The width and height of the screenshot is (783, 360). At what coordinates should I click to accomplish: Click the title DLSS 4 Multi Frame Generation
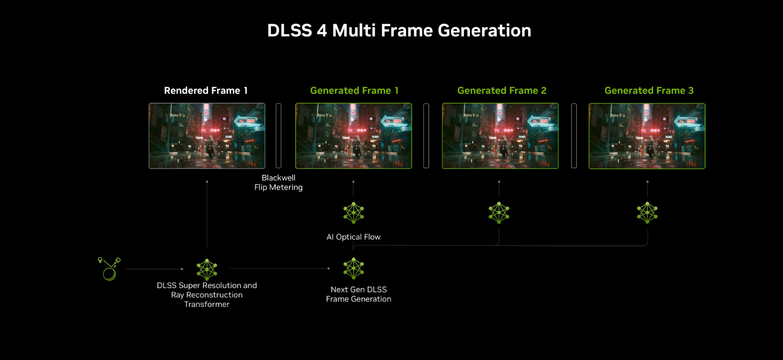coord(399,30)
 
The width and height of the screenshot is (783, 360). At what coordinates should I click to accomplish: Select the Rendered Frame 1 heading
coord(206,91)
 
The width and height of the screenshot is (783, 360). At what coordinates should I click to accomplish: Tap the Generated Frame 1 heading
coord(354,91)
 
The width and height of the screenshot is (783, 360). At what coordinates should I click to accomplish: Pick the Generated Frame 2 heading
coord(502,91)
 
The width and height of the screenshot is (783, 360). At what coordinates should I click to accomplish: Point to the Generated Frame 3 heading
coord(649,91)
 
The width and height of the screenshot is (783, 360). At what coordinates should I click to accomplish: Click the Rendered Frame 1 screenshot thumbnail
coord(207,136)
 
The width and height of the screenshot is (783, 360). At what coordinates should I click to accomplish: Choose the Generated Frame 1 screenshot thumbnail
coord(353,136)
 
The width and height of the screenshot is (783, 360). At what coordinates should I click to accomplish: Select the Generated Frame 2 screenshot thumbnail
coord(500,136)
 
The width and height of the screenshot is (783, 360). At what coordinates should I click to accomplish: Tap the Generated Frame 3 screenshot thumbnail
coord(647,136)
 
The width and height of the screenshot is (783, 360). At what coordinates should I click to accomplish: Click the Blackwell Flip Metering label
coord(279,182)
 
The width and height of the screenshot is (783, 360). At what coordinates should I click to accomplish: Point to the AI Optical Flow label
coord(353,237)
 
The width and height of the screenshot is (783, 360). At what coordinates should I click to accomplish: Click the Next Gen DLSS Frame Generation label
coord(359,294)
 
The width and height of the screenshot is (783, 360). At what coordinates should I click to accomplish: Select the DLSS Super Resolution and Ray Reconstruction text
coord(207,290)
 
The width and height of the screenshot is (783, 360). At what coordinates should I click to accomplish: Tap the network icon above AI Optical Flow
coord(353,213)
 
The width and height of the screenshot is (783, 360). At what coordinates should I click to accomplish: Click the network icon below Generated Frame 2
coord(499,213)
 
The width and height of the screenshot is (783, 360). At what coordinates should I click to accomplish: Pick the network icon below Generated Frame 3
coord(647,213)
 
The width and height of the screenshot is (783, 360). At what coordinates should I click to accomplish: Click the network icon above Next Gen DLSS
coord(353,268)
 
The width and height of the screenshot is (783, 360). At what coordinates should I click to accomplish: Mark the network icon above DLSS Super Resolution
coord(207,269)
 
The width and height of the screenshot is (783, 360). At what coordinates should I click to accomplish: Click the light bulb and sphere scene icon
coord(109,269)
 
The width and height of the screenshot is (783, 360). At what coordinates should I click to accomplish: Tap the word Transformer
coord(207,305)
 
